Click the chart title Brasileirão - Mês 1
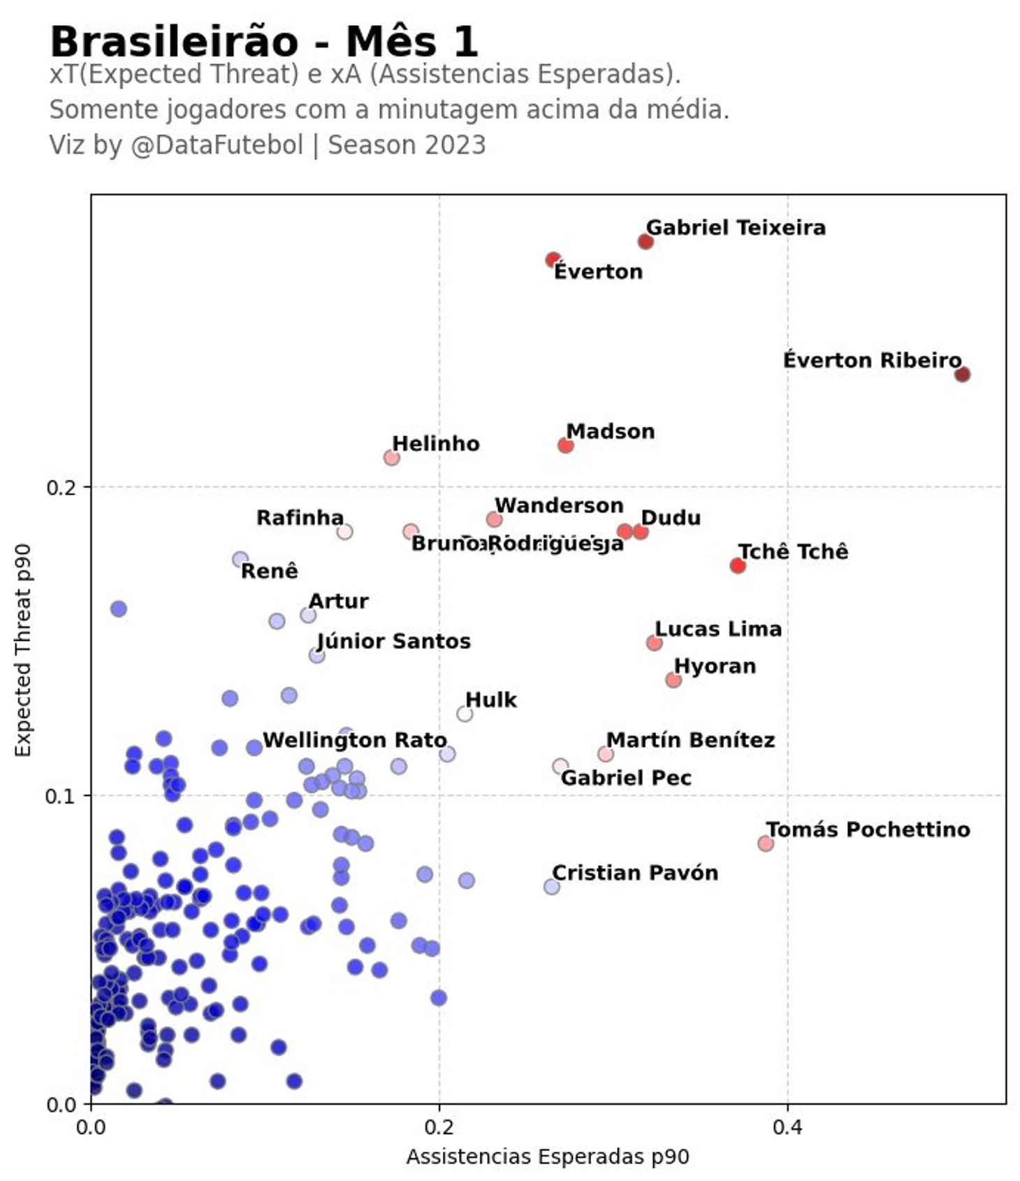(x=264, y=42)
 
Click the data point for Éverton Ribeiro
(x=962, y=375)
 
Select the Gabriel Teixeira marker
(x=645, y=242)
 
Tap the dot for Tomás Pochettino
(x=765, y=843)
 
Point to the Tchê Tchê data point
(x=737, y=565)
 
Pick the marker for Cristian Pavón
(x=551, y=887)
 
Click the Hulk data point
(x=464, y=713)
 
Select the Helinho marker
(x=391, y=458)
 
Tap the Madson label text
(x=610, y=432)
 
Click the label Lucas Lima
(x=717, y=629)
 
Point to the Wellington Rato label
(x=354, y=740)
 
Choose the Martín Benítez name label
(x=690, y=740)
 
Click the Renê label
(x=269, y=571)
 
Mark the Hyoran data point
(x=673, y=680)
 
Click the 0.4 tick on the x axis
(x=787, y=1129)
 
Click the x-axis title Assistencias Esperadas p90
(x=548, y=1157)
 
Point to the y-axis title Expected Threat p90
(x=24, y=650)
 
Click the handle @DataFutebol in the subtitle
(x=217, y=145)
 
